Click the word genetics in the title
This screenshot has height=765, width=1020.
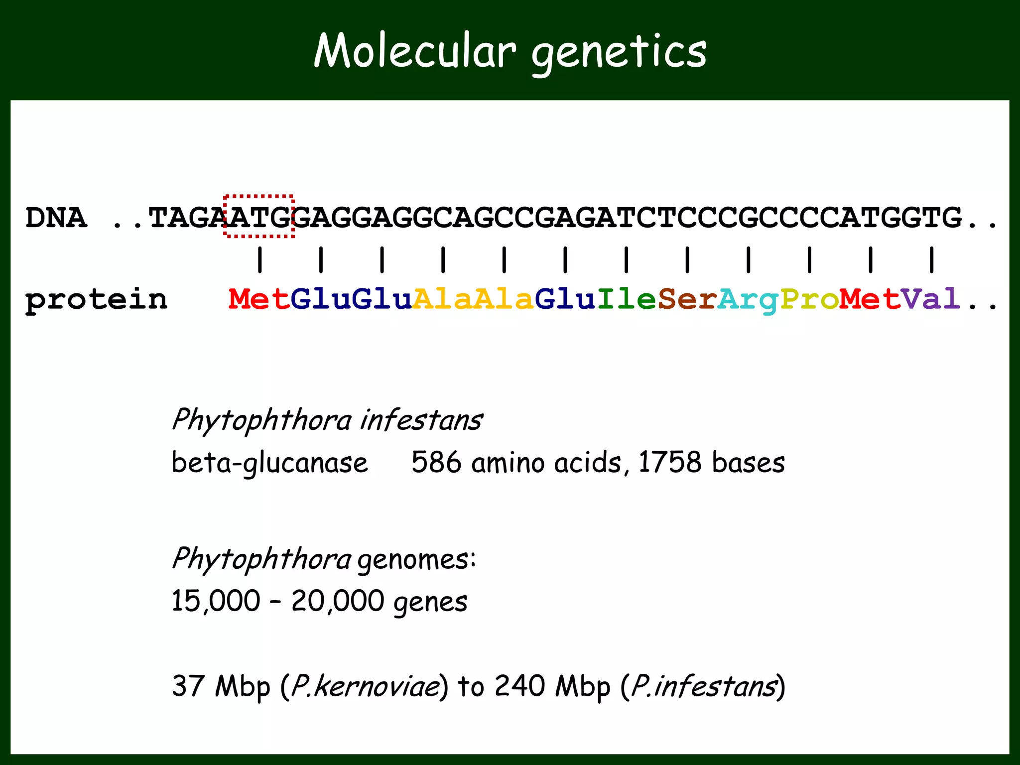coord(619,52)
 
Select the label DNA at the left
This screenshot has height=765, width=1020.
coord(56,218)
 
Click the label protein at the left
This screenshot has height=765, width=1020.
coord(96,300)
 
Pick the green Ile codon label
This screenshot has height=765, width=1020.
coord(626,299)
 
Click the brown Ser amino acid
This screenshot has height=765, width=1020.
coord(687,299)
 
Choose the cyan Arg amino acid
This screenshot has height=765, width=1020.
coord(748,300)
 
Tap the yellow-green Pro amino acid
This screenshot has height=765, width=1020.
coord(809,299)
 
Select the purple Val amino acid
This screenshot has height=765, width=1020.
coord(931,299)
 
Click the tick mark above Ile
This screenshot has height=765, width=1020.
coord(627,259)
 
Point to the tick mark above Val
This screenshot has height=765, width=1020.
coord(932,259)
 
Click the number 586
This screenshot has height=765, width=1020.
coord(436,462)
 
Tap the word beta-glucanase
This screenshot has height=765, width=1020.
coord(269,463)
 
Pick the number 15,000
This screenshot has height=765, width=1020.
coord(216,601)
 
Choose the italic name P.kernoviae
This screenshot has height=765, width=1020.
coord(365,686)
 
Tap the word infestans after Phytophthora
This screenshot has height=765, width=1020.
coord(421,420)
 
